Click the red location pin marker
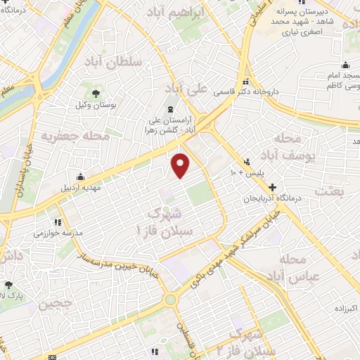[x=181, y=165]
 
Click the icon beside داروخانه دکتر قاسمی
[x=247, y=80]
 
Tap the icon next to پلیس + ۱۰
[x=247, y=161]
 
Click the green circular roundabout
[x=170, y=300]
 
